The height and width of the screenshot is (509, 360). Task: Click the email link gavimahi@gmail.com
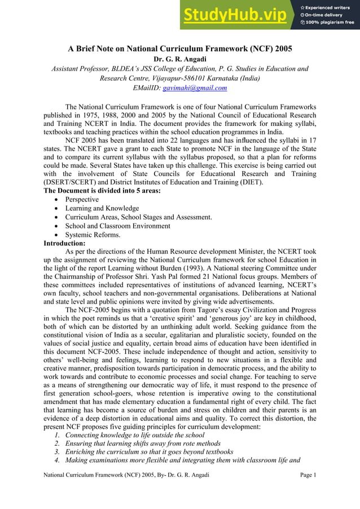195,88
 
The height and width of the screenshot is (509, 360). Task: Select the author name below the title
180,59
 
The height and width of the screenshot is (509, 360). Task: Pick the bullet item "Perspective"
82,200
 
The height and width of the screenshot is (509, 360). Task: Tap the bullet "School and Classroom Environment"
117,226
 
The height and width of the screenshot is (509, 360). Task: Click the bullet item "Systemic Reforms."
93,235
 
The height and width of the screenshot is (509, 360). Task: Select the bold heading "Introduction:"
64,243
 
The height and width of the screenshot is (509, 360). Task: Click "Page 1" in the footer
308,476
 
